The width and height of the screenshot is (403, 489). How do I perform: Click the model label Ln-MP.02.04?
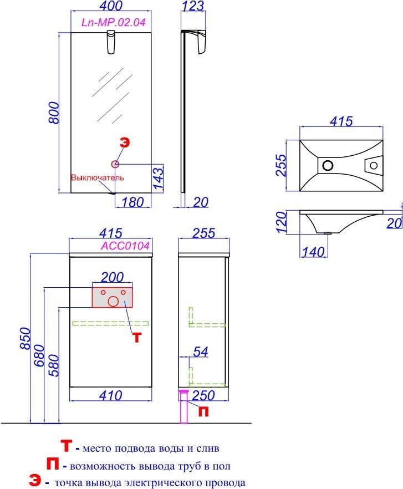tap(114, 22)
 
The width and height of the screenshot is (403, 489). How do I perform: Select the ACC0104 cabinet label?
tap(125, 246)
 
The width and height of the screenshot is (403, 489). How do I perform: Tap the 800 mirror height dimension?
tap(54, 113)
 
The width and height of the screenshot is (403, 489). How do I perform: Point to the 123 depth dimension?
tap(193, 6)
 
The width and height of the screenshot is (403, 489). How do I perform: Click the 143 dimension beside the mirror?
tap(159, 179)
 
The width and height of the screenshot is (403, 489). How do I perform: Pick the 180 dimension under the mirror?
tap(132, 202)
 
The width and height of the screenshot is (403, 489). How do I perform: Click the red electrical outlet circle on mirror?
tap(115, 164)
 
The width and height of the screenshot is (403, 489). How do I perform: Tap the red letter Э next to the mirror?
tap(125, 142)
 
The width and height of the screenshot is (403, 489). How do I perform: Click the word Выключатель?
tap(98, 177)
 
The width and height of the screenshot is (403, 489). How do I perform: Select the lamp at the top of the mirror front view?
tap(111, 42)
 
